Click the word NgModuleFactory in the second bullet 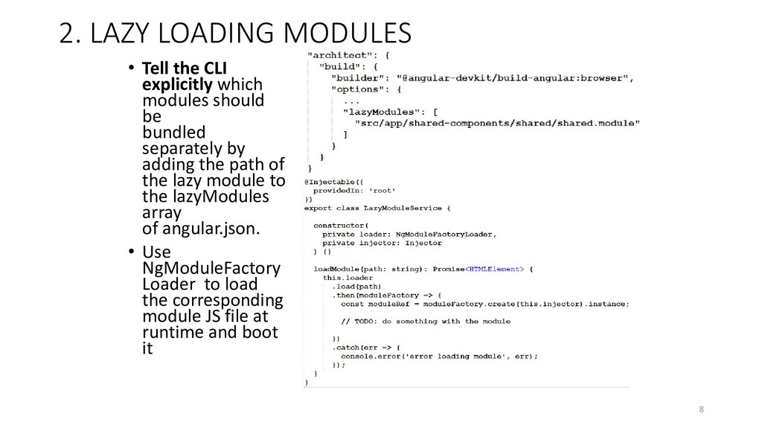coord(211,268)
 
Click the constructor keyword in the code coord(339,224)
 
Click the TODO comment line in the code coord(426,321)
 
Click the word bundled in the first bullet coord(173,132)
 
